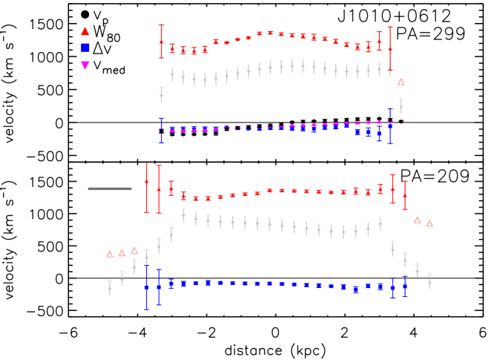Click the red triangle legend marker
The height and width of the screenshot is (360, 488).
[x=85, y=31]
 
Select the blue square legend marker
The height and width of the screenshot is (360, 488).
[x=85, y=48]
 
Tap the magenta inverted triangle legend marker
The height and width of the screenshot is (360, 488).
[x=85, y=65]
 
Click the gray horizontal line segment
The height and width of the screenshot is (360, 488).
[x=110, y=189]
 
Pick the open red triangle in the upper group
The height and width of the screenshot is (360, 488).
[x=401, y=82]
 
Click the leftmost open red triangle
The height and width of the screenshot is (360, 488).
[x=110, y=254]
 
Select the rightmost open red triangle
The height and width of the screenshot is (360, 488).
[x=429, y=223]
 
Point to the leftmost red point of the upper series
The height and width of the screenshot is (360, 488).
[x=162, y=42]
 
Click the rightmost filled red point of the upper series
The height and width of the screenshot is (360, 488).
[x=390, y=48]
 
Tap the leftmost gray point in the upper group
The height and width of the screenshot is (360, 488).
[x=162, y=94]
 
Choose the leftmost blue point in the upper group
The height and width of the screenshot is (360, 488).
[x=162, y=131]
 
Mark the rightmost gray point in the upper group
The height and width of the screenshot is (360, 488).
[x=401, y=105]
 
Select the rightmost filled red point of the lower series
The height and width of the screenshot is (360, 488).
[x=405, y=195]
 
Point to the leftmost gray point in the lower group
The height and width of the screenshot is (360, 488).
[x=110, y=287]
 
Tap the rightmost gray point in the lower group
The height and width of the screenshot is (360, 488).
[x=429, y=281]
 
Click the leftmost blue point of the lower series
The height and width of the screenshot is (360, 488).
[x=147, y=287]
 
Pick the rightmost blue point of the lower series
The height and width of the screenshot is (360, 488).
[x=405, y=286]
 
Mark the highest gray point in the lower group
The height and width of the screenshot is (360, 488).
[x=183, y=215]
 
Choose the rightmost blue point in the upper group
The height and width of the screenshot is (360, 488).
[x=390, y=126]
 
